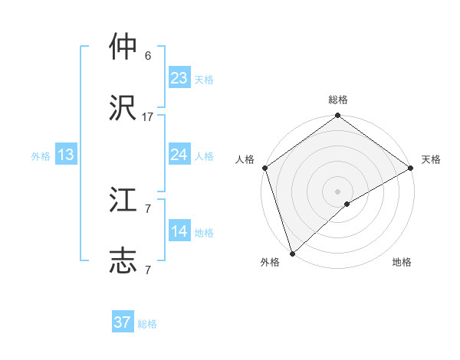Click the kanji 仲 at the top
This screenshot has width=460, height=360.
[x=123, y=47]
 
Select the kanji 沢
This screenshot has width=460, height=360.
[x=123, y=107]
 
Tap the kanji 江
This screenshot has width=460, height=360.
[x=123, y=201]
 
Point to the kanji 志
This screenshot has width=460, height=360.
[x=123, y=260]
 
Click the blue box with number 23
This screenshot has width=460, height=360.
[x=179, y=78]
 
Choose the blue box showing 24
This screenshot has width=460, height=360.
[x=179, y=155]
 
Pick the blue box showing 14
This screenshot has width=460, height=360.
[x=179, y=231]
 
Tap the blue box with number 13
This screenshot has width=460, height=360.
[x=66, y=155]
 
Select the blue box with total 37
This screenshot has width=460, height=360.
[x=123, y=322]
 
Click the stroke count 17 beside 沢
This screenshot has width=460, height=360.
[x=148, y=116]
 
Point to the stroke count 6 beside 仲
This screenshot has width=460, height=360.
[x=148, y=56]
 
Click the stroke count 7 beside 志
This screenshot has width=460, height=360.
[x=148, y=270]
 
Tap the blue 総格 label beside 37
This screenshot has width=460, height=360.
[x=147, y=324]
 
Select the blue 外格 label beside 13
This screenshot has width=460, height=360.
[x=41, y=156]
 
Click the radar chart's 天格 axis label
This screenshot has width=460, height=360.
[x=431, y=159]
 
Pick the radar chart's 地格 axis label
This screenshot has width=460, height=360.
[x=402, y=262]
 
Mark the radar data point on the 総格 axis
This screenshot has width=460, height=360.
[x=337, y=116]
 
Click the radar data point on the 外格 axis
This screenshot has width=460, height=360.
[x=292, y=252]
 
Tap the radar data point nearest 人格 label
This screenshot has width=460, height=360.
[x=264, y=168]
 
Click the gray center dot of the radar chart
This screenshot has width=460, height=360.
[x=337, y=191]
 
